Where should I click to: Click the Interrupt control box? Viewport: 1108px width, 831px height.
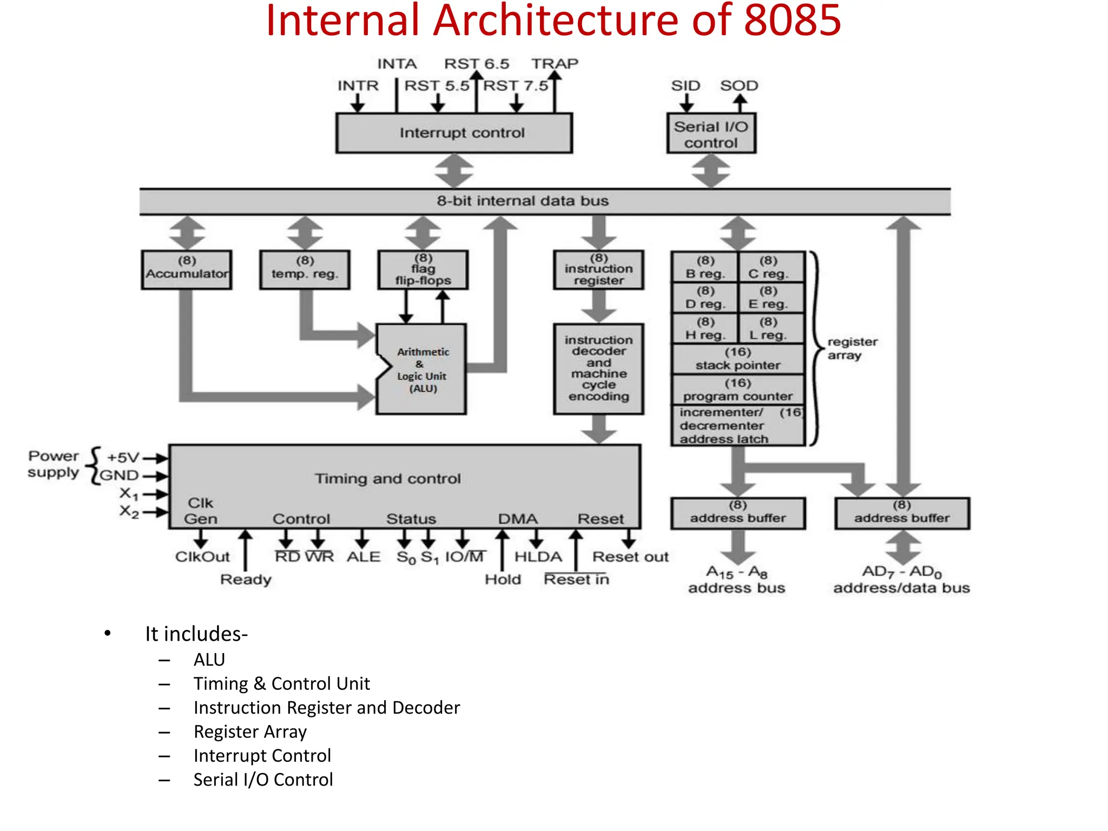coord(453,133)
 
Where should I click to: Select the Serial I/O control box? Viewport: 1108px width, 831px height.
coord(710,134)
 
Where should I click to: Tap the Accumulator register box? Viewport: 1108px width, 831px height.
coord(186,269)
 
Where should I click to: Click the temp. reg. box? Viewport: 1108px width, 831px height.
coord(305,269)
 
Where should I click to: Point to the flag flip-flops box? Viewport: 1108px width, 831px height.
coord(423,269)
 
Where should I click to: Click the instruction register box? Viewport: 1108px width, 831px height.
coord(598,269)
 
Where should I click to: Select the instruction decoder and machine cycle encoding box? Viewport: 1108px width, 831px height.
coord(598,368)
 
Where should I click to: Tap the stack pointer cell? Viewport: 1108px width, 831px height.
coord(738,359)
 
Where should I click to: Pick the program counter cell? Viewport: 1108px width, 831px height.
coord(738,390)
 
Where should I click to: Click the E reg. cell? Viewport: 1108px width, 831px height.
coord(768,298)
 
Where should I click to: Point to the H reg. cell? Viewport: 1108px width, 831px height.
coord(704,329)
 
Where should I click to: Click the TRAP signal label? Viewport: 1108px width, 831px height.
coord(555,64)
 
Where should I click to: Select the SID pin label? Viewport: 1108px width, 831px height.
coord(685,85)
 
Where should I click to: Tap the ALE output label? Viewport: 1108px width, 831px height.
coord(364,557)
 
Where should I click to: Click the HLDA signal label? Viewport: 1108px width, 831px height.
coord(538,557)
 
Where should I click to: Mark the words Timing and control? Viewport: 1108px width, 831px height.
coord(387,479)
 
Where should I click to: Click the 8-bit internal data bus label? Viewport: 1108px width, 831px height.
coord(523,201)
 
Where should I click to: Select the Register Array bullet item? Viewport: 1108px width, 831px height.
coord(250,732)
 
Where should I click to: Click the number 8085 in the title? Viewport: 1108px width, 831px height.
coord(792,21)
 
